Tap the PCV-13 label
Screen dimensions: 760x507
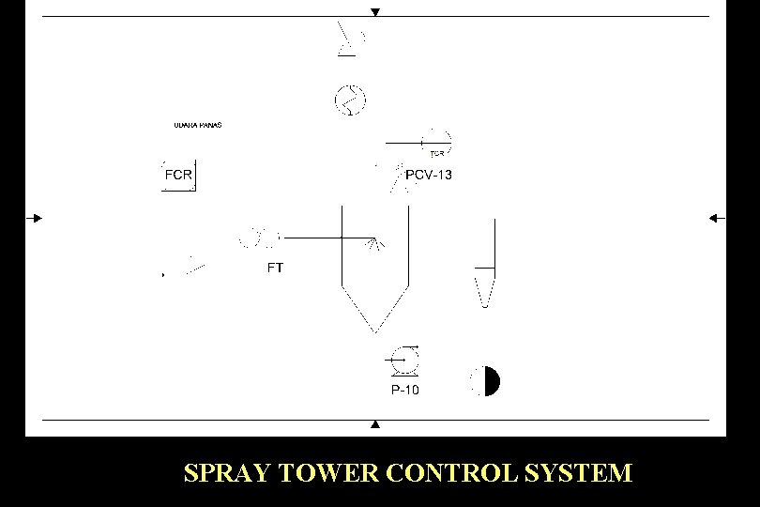tap(429, 175)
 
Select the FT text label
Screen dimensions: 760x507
tap(275, 268)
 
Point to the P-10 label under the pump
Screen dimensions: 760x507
tap(405, 390)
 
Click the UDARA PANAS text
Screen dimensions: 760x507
tap(198, 125)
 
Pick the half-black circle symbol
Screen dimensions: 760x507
tap(485, 381)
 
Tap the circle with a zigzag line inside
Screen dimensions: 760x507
tap(350, 98)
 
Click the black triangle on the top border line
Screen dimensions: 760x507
tap(375, 12)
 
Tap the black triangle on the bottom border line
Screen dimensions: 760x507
tap(375, 424)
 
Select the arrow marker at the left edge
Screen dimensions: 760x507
tap(35, 218)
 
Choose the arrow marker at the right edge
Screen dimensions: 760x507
tap(716, 218)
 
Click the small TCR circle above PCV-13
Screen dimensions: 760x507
tap(438, 142)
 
